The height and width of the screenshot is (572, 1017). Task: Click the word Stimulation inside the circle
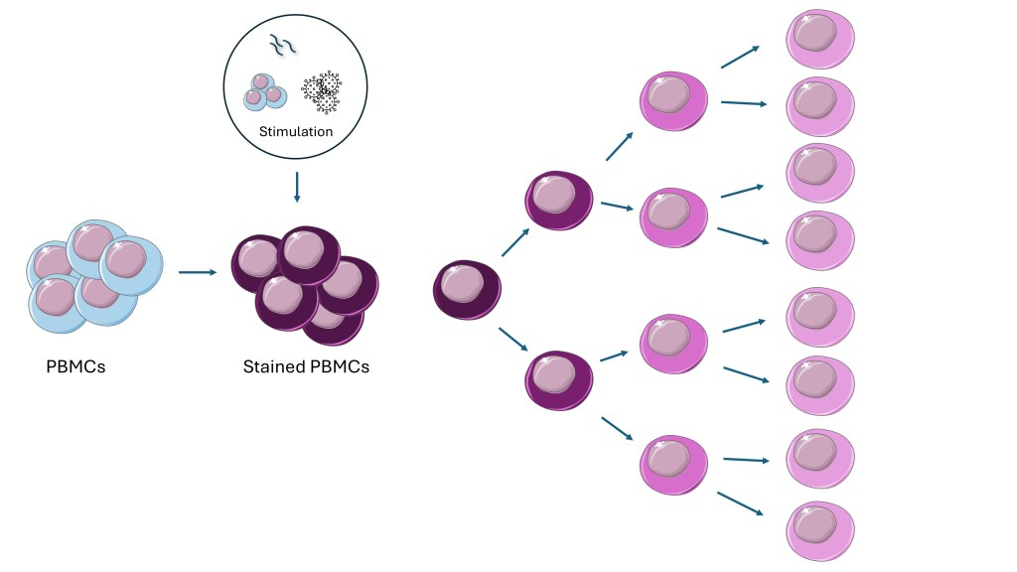296,131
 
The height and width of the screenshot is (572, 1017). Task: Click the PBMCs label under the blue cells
75,367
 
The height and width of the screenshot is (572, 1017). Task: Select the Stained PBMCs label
306,367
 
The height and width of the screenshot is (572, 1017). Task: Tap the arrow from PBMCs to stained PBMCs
197,270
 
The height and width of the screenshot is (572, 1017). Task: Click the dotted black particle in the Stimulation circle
321,91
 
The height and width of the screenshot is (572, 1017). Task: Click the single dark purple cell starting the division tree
466,290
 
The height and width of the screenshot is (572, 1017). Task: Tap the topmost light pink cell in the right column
820,39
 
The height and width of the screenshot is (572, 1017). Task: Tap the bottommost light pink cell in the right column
820,531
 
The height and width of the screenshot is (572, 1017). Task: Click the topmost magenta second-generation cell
673,100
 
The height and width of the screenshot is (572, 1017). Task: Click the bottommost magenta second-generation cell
673,464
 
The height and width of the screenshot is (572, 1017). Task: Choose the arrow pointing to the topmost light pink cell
741,57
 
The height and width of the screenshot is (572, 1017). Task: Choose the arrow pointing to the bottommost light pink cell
739,502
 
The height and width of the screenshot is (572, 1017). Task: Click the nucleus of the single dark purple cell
461,285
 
